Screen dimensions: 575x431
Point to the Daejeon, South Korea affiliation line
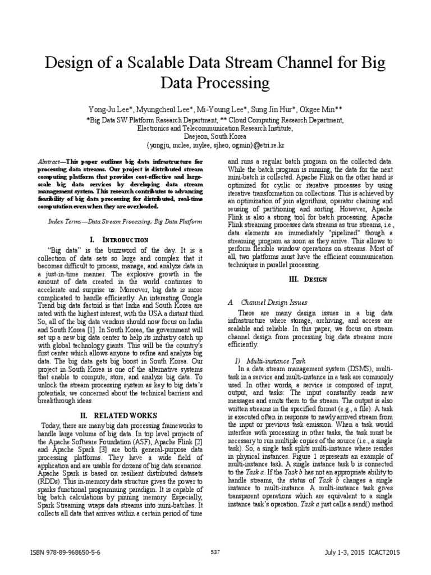215,136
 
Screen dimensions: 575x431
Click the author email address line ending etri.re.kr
215,145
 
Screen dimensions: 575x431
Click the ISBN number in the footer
65,553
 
